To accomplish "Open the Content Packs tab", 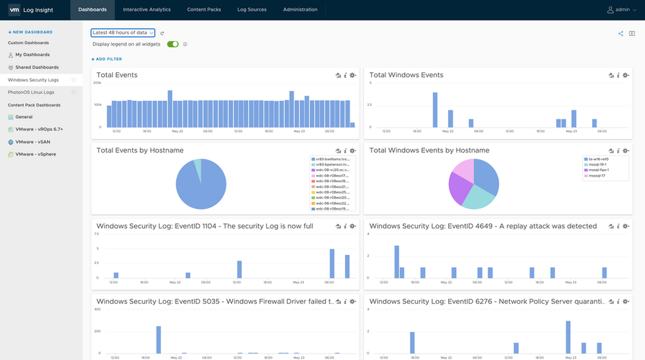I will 204,10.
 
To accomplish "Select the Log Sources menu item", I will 252,10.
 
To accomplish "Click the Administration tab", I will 300,10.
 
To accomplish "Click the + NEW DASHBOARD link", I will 30,32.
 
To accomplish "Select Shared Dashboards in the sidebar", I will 37,67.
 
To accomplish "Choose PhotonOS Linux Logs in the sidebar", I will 31,92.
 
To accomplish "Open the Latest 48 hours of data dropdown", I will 123,32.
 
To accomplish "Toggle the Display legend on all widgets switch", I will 173,45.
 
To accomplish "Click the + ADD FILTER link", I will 106,59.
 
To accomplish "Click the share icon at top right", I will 620,34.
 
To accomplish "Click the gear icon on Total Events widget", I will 353,75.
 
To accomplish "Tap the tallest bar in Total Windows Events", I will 435,110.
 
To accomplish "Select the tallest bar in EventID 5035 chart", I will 158,339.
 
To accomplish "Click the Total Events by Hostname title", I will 140,150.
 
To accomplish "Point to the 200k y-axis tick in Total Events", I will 97,83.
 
